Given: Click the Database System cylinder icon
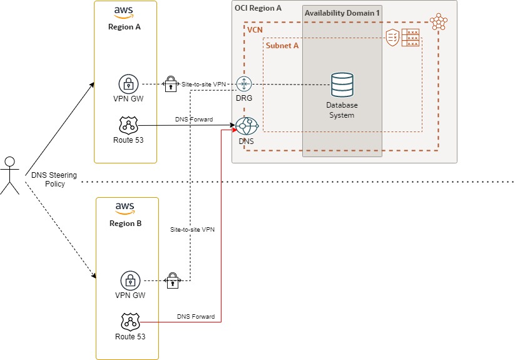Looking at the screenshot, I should (342, 85).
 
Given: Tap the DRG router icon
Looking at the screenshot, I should (243, 85).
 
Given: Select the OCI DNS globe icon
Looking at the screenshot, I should (247, 126).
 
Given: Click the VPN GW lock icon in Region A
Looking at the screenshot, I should (128, 84).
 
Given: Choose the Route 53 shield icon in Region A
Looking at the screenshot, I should (128, 125).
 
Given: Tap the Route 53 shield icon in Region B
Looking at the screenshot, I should (130, 322).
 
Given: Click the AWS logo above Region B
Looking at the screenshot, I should (126, 207).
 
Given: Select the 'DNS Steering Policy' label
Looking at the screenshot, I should (48, 180).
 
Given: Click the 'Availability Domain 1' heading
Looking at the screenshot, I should (342, 13).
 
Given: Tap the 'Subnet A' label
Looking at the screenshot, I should (282, 46).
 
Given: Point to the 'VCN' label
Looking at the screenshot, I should (255, 30).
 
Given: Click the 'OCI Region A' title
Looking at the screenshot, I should (258, 8).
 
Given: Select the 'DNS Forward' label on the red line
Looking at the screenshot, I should (196, 317).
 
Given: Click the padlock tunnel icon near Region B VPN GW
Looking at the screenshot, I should (171, 281).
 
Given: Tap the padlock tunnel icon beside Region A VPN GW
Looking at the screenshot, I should (170, 84).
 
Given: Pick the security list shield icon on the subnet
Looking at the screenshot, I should (392, 37).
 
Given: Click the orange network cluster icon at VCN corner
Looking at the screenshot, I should (439, 22).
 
